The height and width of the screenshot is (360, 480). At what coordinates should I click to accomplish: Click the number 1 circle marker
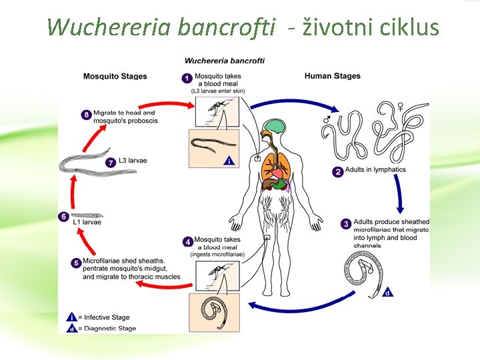pos(187,78)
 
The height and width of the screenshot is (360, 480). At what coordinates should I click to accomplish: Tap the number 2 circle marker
pos(338,171)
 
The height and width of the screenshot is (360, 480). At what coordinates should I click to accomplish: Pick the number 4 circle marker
pos(187,241)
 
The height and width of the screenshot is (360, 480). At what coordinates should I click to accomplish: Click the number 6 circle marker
pos(63,216)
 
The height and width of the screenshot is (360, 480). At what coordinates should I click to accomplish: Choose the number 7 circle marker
pos(111,162)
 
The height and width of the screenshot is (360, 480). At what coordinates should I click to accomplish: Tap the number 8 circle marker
pos(87,115)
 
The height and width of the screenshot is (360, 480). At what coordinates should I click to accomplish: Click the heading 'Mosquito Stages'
pos(115,77)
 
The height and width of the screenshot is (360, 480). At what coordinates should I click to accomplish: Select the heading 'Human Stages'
pos(332,76)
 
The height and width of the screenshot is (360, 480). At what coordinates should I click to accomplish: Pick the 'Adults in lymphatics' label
pos(375,170)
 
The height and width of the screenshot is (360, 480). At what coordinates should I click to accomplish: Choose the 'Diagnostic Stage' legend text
pos(107,328)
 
